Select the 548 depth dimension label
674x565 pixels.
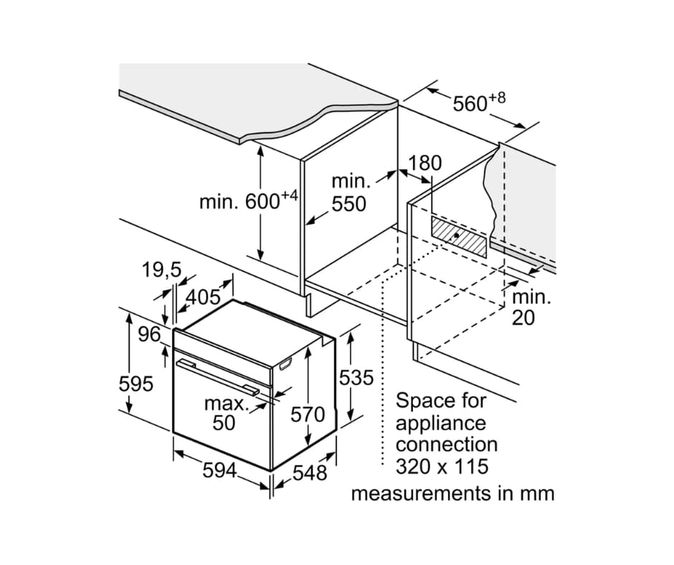coord(310,473)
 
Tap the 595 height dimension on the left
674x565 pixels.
coord(136,384)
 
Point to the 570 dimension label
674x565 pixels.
coord(308,414)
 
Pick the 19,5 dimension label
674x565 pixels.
coord(161,270)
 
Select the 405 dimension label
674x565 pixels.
coord(202,296)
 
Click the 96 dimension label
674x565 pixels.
coord(150,334)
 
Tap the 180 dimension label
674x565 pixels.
coord(425,163)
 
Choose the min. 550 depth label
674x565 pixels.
coord(349,193)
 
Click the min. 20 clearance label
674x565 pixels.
coord(531,307)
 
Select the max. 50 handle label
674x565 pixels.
coord(224,413)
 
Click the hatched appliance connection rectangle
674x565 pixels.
coord(459,236)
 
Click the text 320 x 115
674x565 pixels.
coord(442,467)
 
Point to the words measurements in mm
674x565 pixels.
coord(452,493)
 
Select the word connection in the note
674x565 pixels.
coord(446,445)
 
